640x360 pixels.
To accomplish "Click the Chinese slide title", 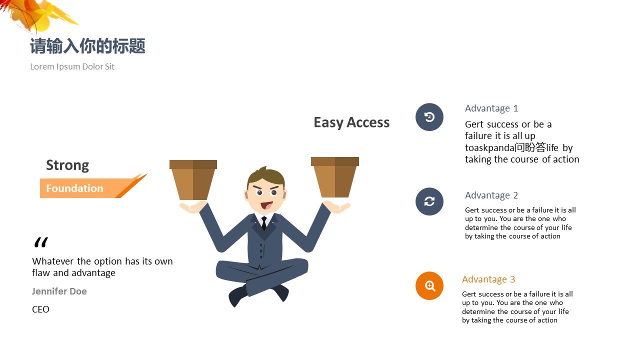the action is click(87, 46).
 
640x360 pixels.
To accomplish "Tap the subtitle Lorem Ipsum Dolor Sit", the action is click(72, 66).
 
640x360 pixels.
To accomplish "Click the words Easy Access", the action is click(351, 123).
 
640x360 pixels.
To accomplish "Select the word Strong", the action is click(67, 165).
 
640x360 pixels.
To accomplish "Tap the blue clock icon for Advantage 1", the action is click(429, 117).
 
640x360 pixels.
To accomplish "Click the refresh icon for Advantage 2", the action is click(429, 201).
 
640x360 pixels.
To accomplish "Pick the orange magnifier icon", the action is click(429, 285).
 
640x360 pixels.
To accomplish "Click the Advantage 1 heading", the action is click(491, 108).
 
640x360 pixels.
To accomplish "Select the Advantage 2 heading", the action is click(491, 195).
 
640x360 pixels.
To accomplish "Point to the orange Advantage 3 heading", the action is click(488, 279).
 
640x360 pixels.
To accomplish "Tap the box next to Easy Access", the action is click(335, 177).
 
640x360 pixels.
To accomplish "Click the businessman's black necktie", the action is click(264, 223).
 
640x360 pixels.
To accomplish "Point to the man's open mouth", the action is click(266, 205).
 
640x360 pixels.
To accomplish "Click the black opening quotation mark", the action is click(41, 242).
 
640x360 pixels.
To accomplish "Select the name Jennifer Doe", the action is click(59, 291).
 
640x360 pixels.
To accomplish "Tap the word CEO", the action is click(40, 309).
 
